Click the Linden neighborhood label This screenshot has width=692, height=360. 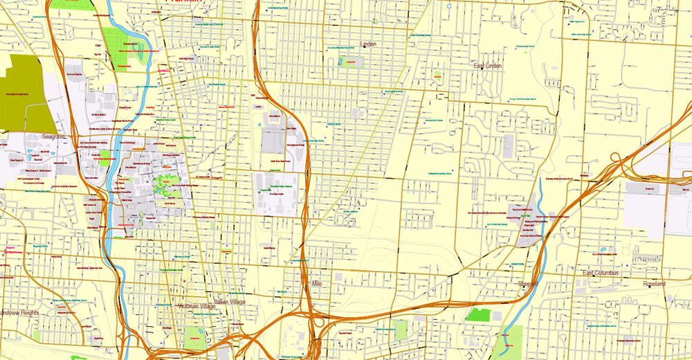tap(367, 45)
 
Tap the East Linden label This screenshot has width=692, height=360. tap(488, 66)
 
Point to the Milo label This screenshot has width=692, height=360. tap(317, 284)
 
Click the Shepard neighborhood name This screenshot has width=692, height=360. tap(528, 284)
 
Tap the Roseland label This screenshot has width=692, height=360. tap(654, 284)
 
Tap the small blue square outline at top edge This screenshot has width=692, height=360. tap(449, 6)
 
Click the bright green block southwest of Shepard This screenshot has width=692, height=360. tap(478, 314)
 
